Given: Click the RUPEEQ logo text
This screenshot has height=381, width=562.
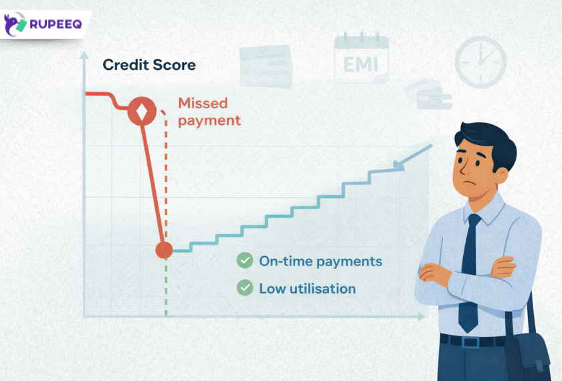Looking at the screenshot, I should (x=56, y=25).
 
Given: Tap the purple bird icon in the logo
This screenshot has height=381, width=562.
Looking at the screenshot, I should (x=16, y=25).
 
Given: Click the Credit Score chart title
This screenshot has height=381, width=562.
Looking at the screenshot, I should (x=149, y=65).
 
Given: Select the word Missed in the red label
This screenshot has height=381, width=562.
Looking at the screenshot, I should (x=203, y=104).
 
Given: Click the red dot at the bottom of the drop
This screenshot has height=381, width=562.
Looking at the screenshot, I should (x=164, y=250).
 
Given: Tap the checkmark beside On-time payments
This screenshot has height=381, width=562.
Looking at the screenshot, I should (x=245, y=261).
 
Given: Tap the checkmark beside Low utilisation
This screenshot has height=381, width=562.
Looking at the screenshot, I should (x=245, y=288).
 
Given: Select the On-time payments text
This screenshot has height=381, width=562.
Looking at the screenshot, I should (x=320, y=261).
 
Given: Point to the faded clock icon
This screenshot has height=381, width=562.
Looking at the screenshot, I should (x=480, y=61).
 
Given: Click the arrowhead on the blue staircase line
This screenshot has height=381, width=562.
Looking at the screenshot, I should (x=399, y=166).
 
